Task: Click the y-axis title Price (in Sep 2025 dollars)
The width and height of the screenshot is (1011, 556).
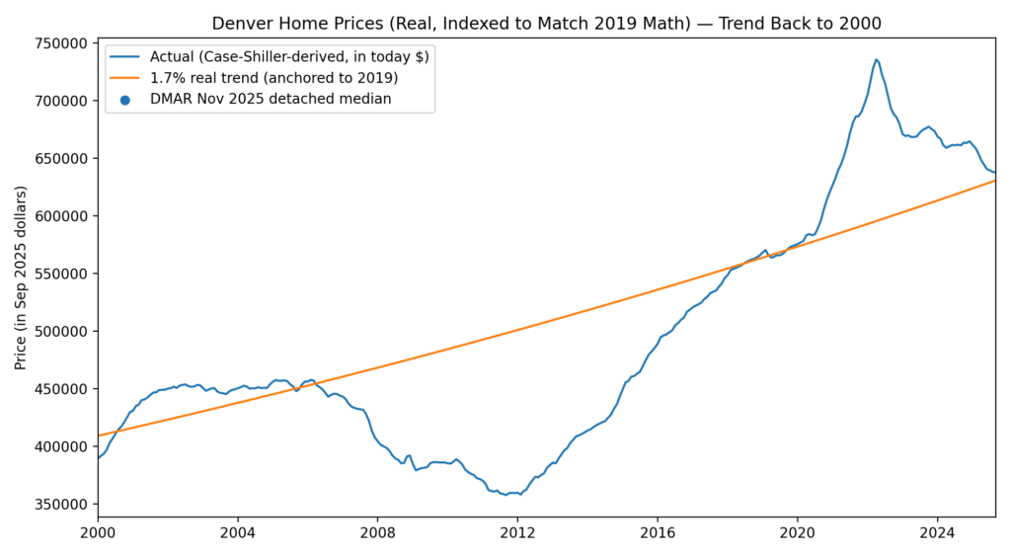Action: tap(21, 277)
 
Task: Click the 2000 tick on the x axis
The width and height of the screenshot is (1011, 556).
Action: tap(98, 533)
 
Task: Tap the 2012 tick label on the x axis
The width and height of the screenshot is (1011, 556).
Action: tap(517, 533)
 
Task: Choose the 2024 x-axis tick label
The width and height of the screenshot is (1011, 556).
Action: tap(937, 533)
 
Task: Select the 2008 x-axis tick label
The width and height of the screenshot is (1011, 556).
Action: tap(377, 533)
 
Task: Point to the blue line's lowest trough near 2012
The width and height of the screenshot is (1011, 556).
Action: tap(506, 495)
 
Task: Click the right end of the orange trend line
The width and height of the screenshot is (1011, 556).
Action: tap(994, 180)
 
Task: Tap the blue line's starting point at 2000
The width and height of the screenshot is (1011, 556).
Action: tap(98, 458)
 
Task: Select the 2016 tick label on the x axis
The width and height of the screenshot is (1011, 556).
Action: tap(657, 533)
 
